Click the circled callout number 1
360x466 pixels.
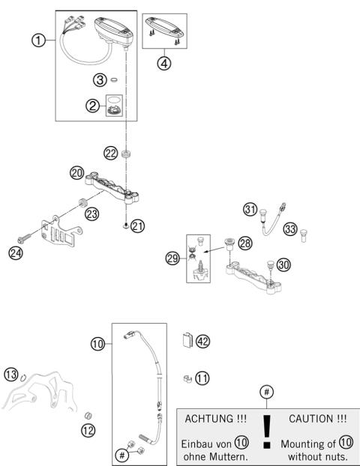tap(37, 40)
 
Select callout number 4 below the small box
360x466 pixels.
tap(164, 63)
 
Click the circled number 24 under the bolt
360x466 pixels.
tap(16, 253)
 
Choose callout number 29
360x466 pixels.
tap(172, 258)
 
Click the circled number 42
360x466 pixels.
tap(202, 341)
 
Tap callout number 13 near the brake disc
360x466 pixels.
tap(10, 375)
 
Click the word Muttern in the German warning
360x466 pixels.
tap(228, 456)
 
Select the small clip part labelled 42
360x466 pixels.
tap(187, 341)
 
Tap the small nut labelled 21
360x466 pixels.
tap(124, 225)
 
